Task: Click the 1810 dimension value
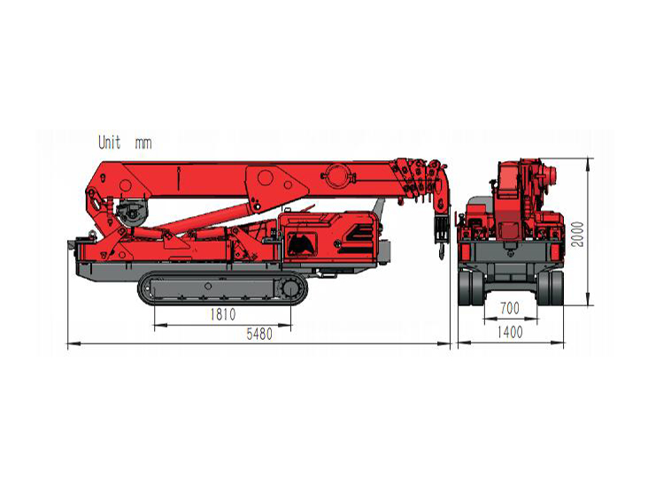click(223, 314)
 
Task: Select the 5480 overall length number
click(259, 334)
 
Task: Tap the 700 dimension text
click(510, 308)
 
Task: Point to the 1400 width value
click(510, 332)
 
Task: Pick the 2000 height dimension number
click(577, 235)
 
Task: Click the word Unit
click(110, 143)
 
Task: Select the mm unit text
click(143, 143)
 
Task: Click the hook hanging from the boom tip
click(441, 251)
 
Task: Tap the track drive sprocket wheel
click(290, 288)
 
